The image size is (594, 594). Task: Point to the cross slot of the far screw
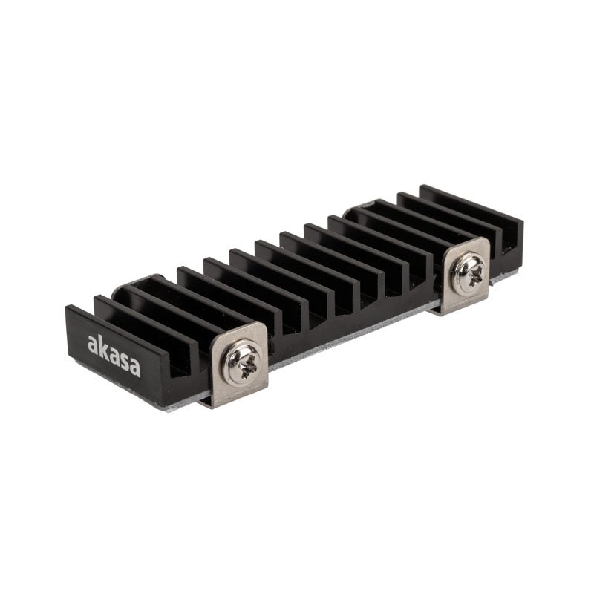[469, 266]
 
